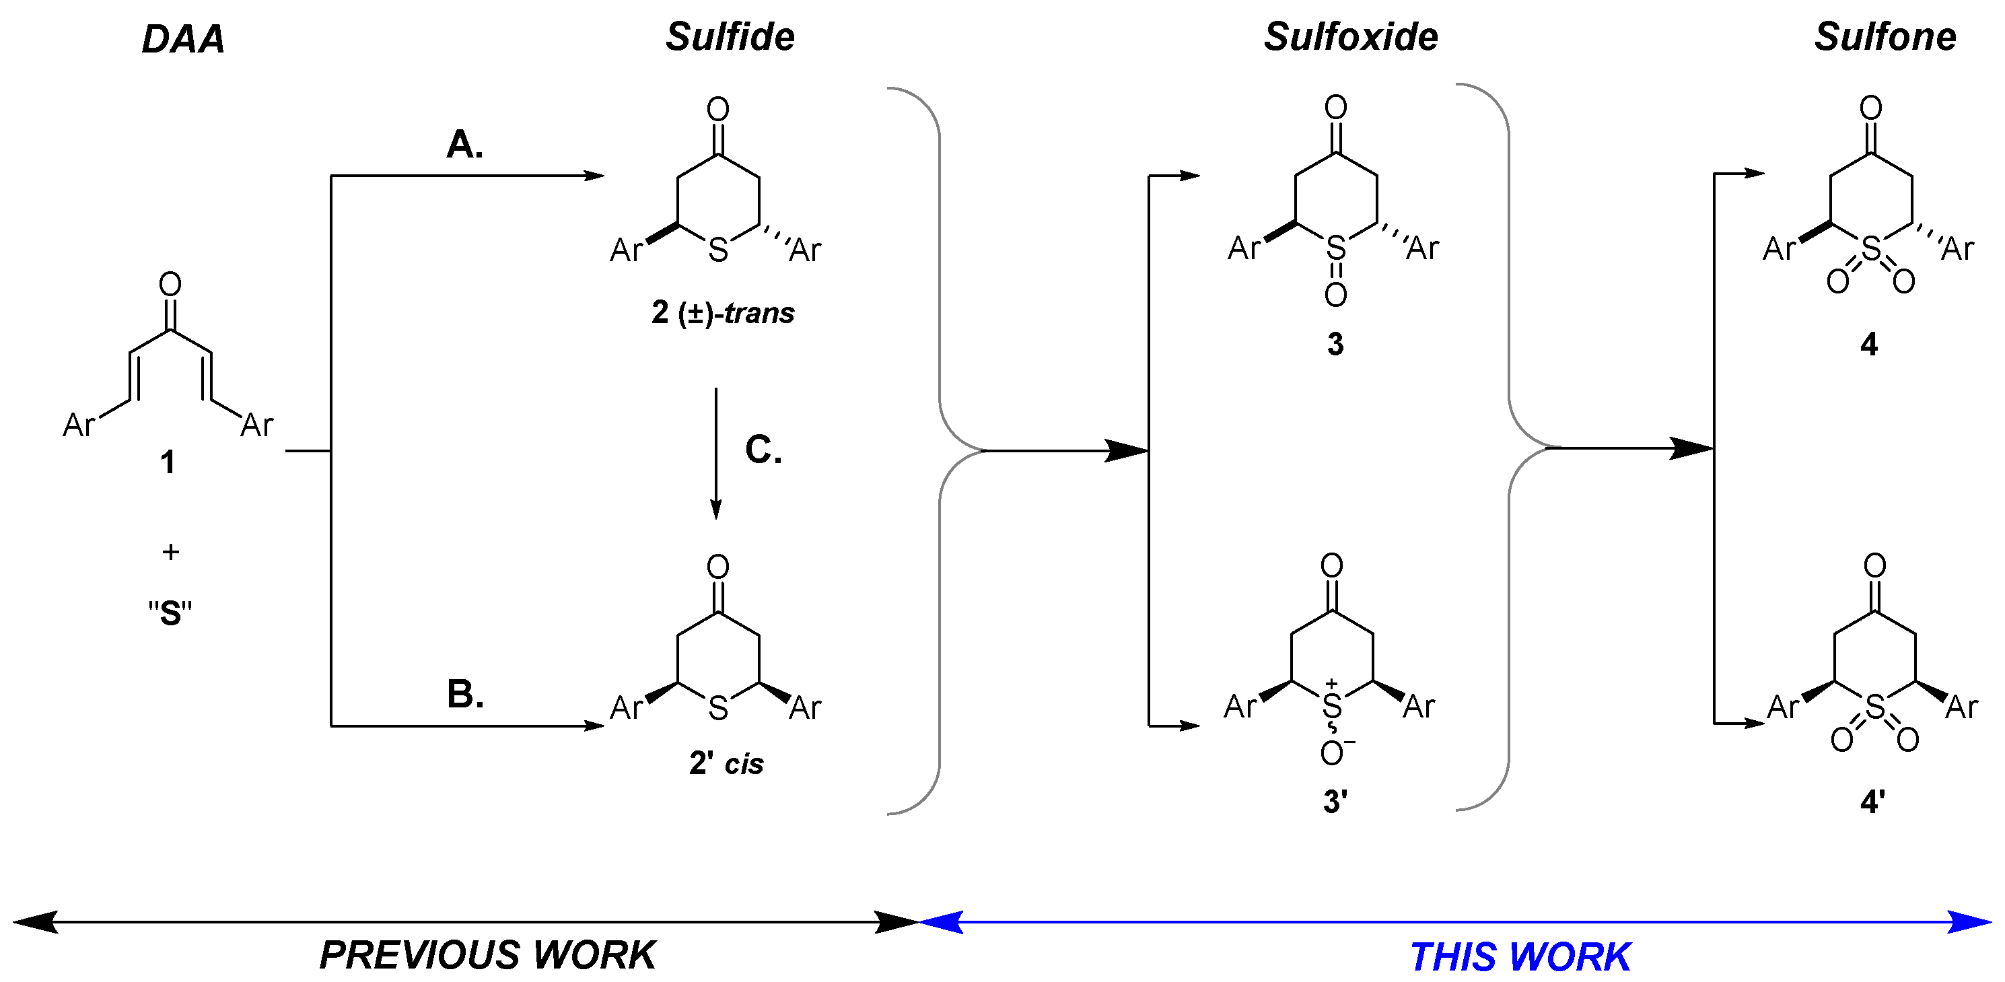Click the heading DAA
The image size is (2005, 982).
(183, 39)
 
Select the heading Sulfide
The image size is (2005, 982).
(730, 37)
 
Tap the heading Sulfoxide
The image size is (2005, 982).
(1350, 37)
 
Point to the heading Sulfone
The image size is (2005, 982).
(1885, 37)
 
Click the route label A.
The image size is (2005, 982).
(464, 145)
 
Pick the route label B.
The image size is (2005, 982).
(464, 694)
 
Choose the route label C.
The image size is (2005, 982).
(763, 450)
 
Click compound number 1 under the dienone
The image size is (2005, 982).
(168, 462)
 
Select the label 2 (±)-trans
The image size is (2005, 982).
(723, 313)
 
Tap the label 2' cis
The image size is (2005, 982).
(726, 763)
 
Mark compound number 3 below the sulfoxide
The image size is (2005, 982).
(1335, 344)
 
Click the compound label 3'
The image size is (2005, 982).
(1335, 802)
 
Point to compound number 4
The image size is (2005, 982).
(1869, 344)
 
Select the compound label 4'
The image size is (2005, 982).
(1872, 802)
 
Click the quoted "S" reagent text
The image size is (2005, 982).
(170, 613)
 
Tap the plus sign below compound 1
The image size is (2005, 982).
(170, 552)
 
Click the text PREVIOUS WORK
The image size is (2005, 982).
(487, 955)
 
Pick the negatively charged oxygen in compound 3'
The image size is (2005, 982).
(1332, 752)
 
